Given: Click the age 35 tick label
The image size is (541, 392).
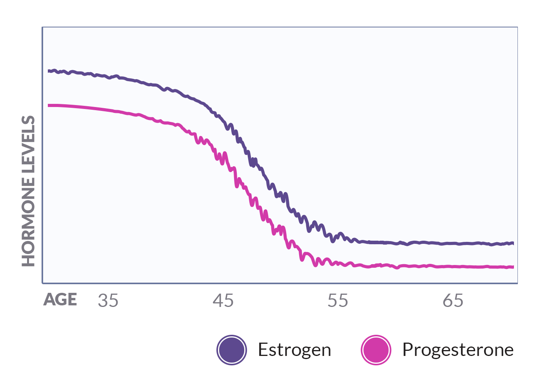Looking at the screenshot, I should pyautogui.click(x=108, y=301).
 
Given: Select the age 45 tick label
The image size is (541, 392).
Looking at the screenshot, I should pyautogui.click(x=223, y=301).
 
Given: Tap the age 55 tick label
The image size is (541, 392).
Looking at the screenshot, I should pyautogui.click(x=338, y=301).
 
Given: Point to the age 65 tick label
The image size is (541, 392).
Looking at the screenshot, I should pyautogui.click(x=453, y=301).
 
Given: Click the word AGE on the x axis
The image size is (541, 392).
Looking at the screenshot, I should pyautogui.click(x=60, y=300).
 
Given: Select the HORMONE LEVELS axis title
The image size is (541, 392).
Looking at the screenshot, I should pyautogui.click(x=28, y=191).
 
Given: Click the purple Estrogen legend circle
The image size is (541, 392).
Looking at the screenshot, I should pyautogui.click(x=232, y=350).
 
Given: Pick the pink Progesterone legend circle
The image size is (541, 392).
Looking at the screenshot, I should pyautogui.click(x=376, y=350).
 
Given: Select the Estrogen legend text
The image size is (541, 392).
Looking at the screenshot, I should pyautogui.click(x=294, y=350).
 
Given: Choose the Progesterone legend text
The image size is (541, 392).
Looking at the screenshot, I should pyautogui.click(x=458, y=350).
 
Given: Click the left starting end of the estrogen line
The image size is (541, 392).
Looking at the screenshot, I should pyautogui.click(x=49, y=71).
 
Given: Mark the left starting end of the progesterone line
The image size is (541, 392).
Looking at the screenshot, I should pyautogui.click(x=49, y=105).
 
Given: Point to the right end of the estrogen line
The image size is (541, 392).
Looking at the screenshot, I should pyautogui.click(x=512, y=243).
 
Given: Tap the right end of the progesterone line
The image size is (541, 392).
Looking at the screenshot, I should pyautogui.click(x=512, y=267).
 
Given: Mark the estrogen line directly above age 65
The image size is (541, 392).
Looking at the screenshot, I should pyautogui.click(x=453, y=243).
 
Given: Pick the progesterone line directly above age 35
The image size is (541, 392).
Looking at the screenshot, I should pyautogui.click(x=108, y=110).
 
